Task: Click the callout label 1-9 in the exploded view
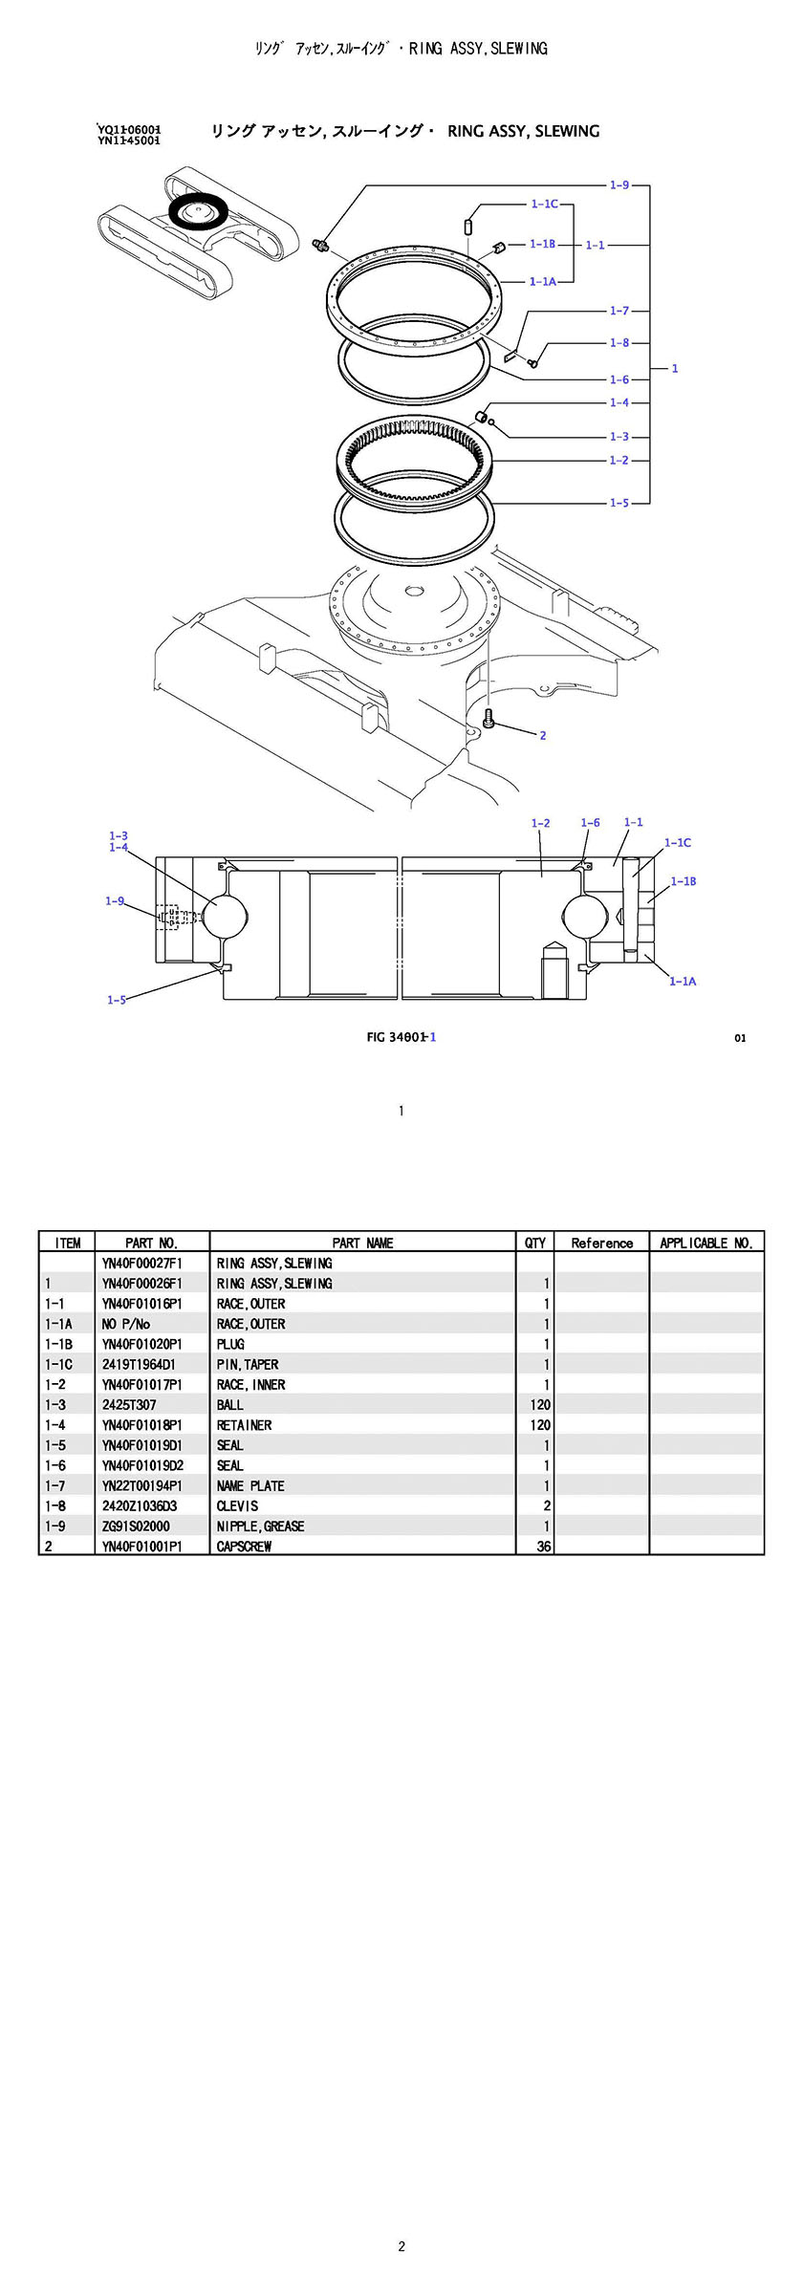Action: tap(619, 184)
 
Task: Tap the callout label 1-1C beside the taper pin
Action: tap(544, 204)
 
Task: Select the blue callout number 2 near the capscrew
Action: tap(543, 735)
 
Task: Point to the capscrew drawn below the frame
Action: tap(489, 719)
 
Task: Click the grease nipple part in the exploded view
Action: tap(321, 247)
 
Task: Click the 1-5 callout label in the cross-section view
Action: tap(116, 1000)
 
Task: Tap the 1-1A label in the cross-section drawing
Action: tap(682, 981)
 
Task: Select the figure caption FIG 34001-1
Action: tap(401, 1037)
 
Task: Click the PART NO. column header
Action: tap(151, 1243)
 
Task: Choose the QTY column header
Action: tap(535, 1243)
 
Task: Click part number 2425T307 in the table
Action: tap(129, 1404)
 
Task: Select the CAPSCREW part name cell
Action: tap(244, 1546)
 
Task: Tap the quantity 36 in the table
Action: tap(543, 1546)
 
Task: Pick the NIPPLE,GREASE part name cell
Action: tap(260, 1525)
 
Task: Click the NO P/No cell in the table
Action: tap(126, 1324)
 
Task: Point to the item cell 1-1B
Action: tap(58, 1344)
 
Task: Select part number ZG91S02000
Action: tap(136, 1525)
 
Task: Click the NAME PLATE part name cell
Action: tap(250, 1485)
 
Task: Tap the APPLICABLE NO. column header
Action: tap(706, 1243)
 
